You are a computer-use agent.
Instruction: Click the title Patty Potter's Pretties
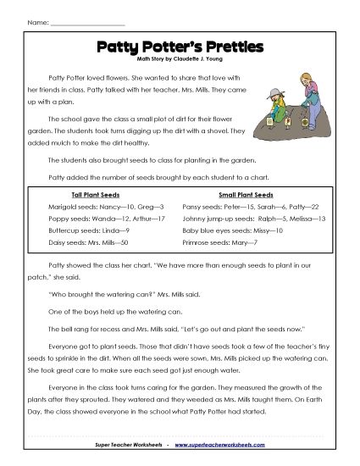[180, 49]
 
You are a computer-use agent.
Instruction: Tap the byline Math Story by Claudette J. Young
[180, 61]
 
